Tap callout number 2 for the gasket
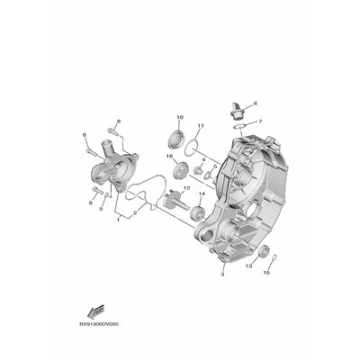click(136, 213)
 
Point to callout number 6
click(255, 104)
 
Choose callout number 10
click(179, 118)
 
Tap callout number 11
click(202, 125)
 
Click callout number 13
click(248, 267)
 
